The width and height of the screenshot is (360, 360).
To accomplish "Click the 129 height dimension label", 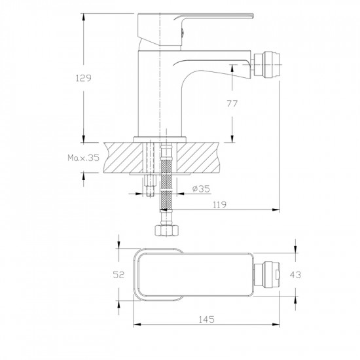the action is (84, 79).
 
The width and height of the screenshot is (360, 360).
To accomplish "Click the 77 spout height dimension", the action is (232, 104).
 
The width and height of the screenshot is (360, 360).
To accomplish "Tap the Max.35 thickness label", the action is (83, 158).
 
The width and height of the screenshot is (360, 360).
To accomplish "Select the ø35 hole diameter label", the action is (201, 189).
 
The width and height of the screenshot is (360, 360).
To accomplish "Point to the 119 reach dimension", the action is (219, 205).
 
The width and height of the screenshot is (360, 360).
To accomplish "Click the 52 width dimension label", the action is (118, 275).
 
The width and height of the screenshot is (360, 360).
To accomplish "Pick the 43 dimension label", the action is (295, 275).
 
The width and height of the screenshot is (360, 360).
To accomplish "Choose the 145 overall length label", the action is (206, 319).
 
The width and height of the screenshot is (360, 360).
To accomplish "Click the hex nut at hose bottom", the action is (166, 230).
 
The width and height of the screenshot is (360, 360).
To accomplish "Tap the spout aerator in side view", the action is (268, 64).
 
